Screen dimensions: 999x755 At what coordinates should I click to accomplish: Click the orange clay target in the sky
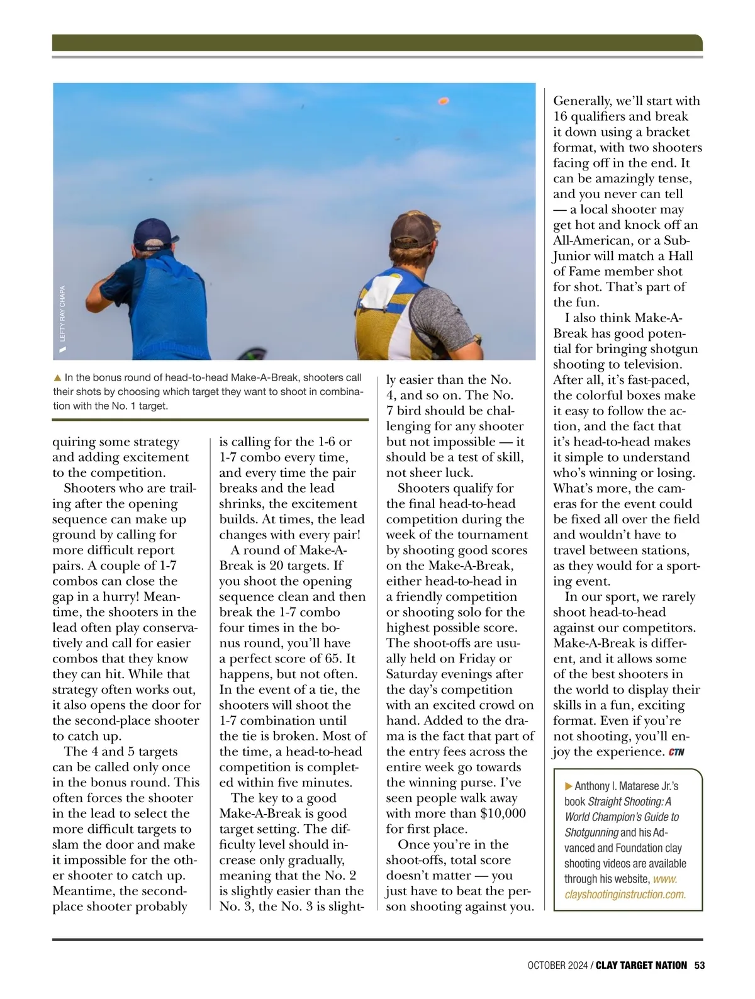click(443, 101)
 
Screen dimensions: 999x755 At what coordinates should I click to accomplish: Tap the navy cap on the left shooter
click(152, 234)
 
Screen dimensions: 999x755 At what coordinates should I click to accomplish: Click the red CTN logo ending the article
click(676, 752)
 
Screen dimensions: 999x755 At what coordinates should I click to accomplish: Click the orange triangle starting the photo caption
click(57, 378)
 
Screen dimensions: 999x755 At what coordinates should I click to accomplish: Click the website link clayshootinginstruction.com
click(625, 894)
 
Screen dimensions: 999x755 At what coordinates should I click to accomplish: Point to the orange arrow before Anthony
click(569, 786)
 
